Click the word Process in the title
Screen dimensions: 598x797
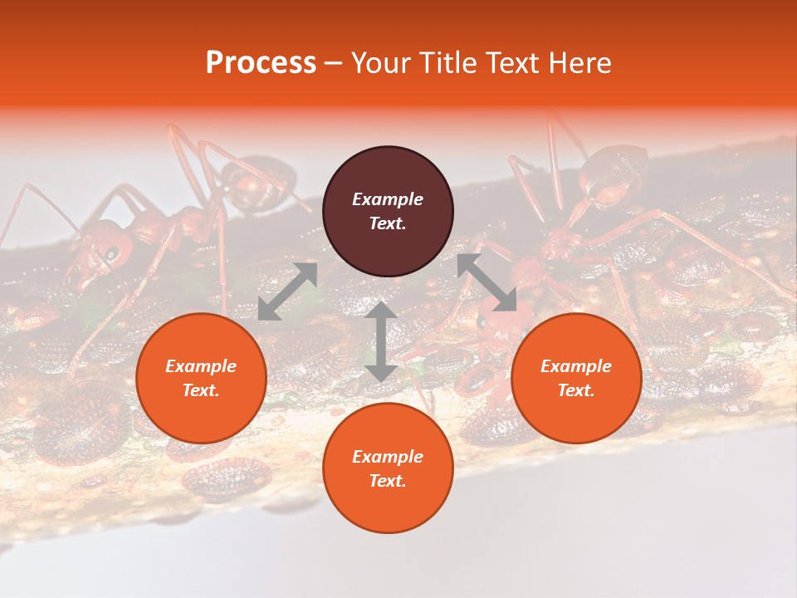pos(261,63)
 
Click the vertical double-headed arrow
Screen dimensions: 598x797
pos(381,341)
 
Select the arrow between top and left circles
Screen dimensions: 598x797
pos(287,292)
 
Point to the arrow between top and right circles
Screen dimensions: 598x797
pos(487,282)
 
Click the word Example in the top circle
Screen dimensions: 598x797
pos(388,199)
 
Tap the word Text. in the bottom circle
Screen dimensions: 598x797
pos(388,481)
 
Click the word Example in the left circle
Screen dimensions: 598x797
pos(201,366)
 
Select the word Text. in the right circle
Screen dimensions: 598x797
pos(576,390)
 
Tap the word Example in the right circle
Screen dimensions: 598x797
pos(576,366)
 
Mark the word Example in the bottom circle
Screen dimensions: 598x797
pos(388,457)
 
